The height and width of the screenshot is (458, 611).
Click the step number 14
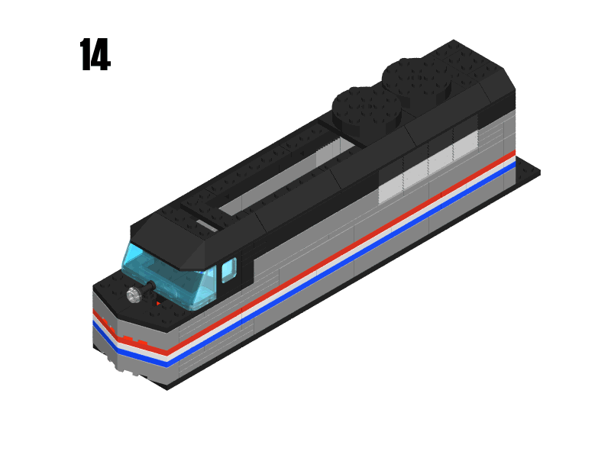[x=95, y=56]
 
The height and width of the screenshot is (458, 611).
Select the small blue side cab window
[x=228, y=269]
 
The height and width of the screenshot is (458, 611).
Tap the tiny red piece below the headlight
[x=158, y=304]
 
